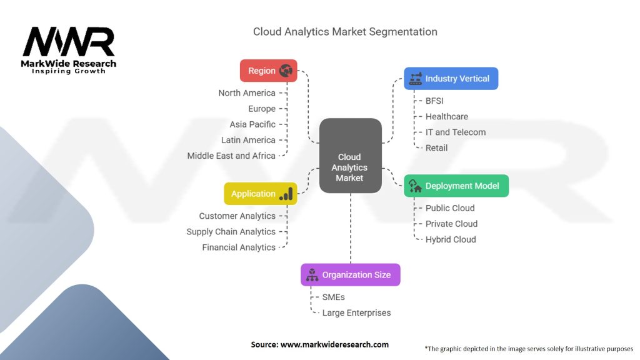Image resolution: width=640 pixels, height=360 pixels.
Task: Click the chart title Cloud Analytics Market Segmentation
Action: click(x=345, y=31)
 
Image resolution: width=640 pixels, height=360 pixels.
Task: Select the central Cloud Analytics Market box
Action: click(x=350, y=155)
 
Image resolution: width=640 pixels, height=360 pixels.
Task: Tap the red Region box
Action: click(x=268, y=71)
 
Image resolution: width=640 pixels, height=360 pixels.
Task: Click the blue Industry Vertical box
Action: click(x=451, y=79)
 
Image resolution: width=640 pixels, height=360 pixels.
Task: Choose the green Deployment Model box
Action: click(x=456, y=186)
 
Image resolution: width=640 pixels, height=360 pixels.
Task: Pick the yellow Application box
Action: click(x=260, y=194)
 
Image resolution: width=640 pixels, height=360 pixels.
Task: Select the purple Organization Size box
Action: click(x=350, y=274)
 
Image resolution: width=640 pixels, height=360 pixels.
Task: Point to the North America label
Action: click(x=247, y=93)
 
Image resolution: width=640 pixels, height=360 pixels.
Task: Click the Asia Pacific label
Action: click(x=252, y=124)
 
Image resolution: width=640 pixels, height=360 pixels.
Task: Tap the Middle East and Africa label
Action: click(x=231, y=156)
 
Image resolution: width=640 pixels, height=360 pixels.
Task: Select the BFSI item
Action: click(x=435, y=101)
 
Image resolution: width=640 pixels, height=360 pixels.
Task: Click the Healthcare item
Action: click(x=446, y=116)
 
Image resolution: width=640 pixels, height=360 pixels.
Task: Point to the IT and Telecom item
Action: click(x=455, y=132)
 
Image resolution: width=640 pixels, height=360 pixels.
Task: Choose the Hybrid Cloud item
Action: click(x=451, y=239)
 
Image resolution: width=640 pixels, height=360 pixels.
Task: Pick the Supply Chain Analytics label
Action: click(x=231, y=232)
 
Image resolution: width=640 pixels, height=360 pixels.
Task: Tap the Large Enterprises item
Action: click(x=356, y=312)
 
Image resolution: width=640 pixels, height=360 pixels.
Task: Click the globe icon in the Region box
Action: click(x=287, y=71)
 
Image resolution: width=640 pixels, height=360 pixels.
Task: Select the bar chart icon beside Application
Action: click(x=286, y=194)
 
